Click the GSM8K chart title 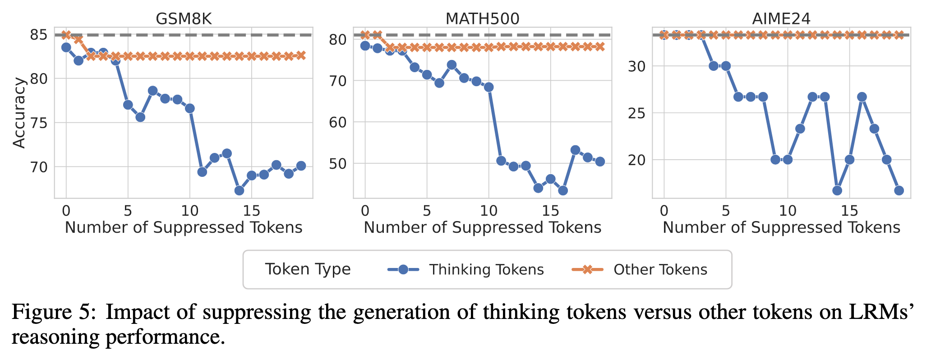pyautogui.click(x=183, y=18)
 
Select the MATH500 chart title pyautogui.click(x=482, y=18)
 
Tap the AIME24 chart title pyautogui.click(x=781, y=18)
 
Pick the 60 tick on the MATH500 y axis pyautogui.click(x=337, y=122)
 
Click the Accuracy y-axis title pyautogui.click(x=19, y=113)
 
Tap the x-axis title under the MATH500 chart pyautogui.click(x=482, y=227)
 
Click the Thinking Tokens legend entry pyautogui.click(x=486, y=269)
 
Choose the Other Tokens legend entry pyautogui.click(x=660, y=269)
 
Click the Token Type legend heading pyautogui.click(x=308, y=269)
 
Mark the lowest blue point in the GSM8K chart pyautogui.click(x=239, y=190)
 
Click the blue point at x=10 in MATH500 pyautogui.click(x=489, y=87)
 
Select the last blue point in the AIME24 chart pyautogui.click(x=899, y=190)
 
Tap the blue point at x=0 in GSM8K pyautogui.click(x=66, y=47)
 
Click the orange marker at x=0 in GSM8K pyautogui.click(x=66, y=35)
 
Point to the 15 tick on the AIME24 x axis pyautogui.click(x=849, y=210)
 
